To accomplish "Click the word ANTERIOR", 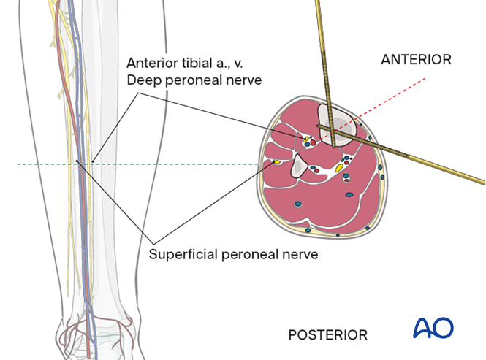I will click(416, 60).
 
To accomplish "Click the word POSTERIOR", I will click(328, 335).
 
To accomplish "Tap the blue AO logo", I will click(433, 328).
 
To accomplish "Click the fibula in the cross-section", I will click(300, 168).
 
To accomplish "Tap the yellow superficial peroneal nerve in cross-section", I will click(276, 161).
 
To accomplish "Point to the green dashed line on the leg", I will click(44, 164).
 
